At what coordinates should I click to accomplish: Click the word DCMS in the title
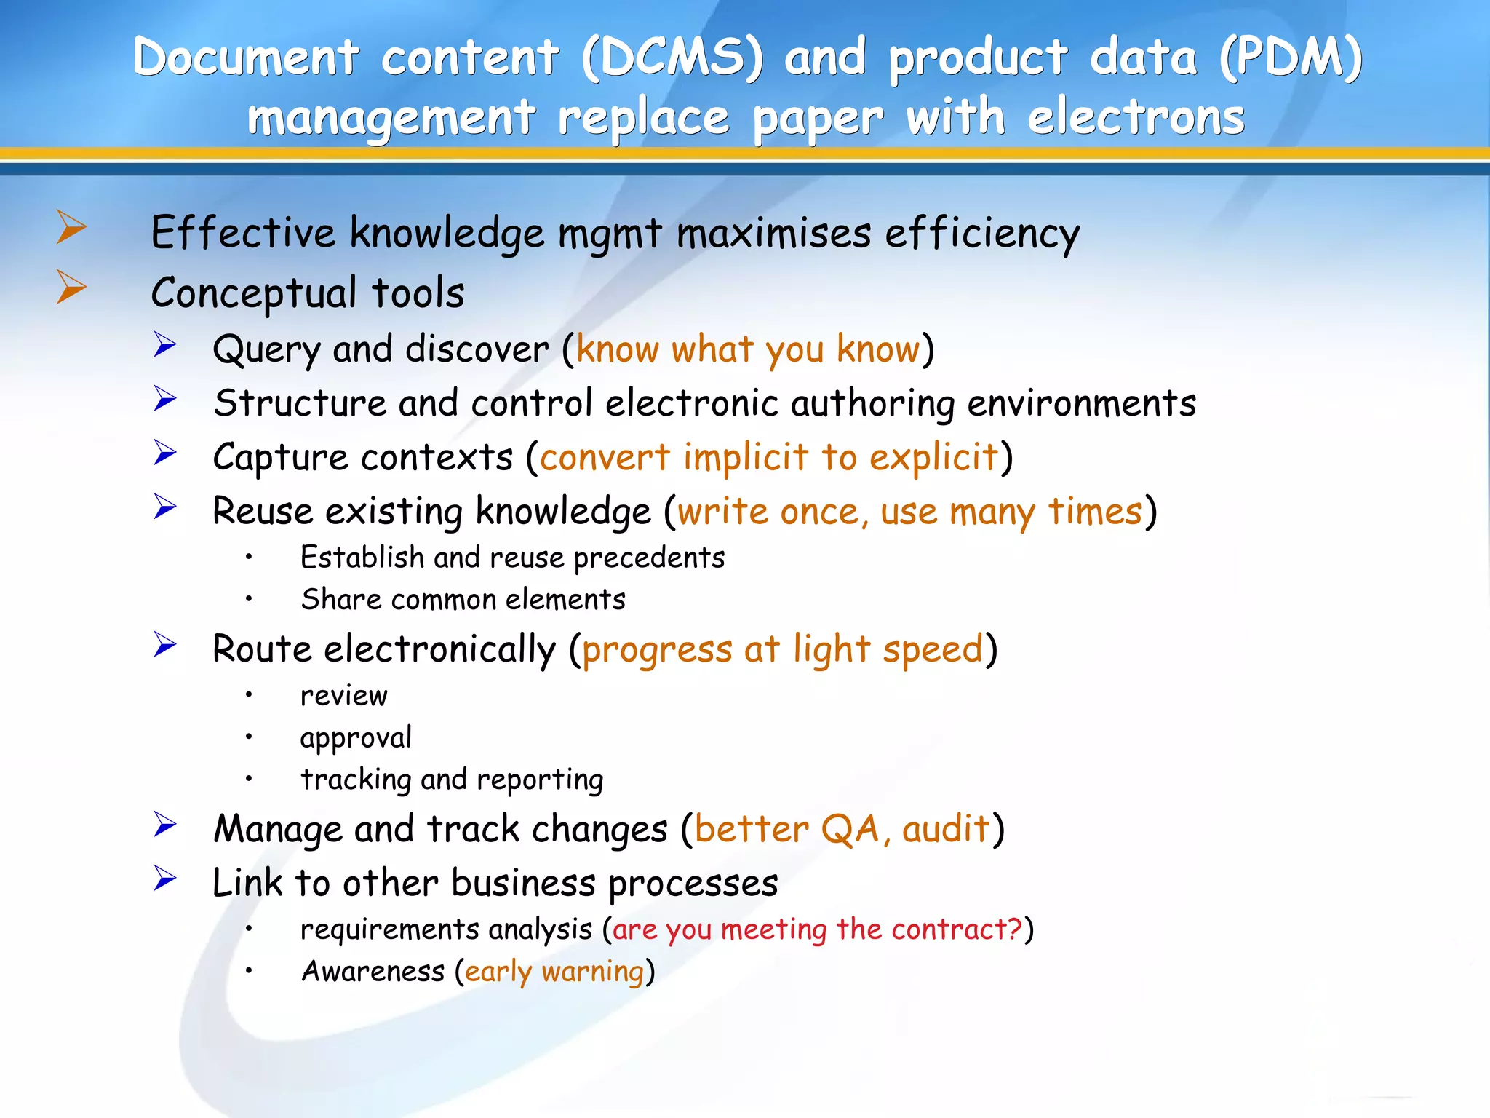pyautogui.click(x=673, y=58)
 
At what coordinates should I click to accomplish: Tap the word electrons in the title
pyautogui.click(x=1136, y=118)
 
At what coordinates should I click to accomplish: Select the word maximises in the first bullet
pyautogui.click(x=773, y=234)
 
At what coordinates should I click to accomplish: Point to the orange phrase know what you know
pyautogui.click(x=748, y=349)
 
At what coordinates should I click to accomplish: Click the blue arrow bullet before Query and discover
pyautogui.click(x=165, y=344)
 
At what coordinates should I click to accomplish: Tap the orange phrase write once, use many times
pyautogui.click(x=909, y=512)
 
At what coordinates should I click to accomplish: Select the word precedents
pyautogui.click(x=649, y=558)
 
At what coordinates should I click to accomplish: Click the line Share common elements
pyautogui.click(x=463, y=600)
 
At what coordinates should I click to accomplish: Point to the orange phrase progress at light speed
pyautogui.click(x=782, y=649)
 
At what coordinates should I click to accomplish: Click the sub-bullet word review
pyautogui.click(x=344, y=696)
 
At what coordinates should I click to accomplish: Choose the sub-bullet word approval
pyautogui.click(x=356, y=738)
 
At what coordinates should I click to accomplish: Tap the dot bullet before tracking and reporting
pyautogui.click(x=249, y=779)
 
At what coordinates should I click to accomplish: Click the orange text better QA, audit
pyautogui.click(x=842, y=829)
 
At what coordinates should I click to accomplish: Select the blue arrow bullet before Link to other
pyautogui.click(x=165, y=879)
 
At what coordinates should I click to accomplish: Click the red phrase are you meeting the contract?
pyautogui.click(x=818, y=930)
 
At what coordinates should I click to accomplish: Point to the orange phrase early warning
pyautogui.click(x=554, y=972)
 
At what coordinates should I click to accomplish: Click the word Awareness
pyautogui.click(x=373, y=972)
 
